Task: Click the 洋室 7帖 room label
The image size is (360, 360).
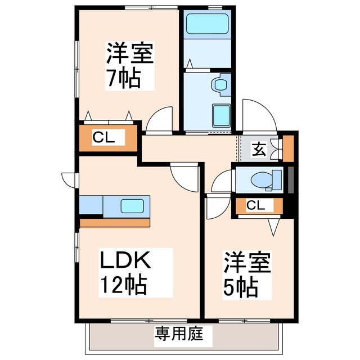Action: pyautogui.click(x=130, y=65)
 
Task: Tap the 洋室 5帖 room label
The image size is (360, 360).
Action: pyautogui.click(x=248, y=275)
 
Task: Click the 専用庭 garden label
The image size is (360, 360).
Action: pyautogui.click(x=175, y=336)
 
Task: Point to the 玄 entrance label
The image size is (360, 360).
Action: pyautogui.click(x=258, y=149)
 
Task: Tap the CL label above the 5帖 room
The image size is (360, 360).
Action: pyautogui.click(x=255, y=206)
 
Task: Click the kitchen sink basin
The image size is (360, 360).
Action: pyautogui.click(x=134, y=206)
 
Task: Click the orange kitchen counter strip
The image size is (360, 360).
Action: pyautogui.click(x=114, y=222)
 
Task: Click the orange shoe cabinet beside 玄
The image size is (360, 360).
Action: pyautogui.click(x=288, y=148)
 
